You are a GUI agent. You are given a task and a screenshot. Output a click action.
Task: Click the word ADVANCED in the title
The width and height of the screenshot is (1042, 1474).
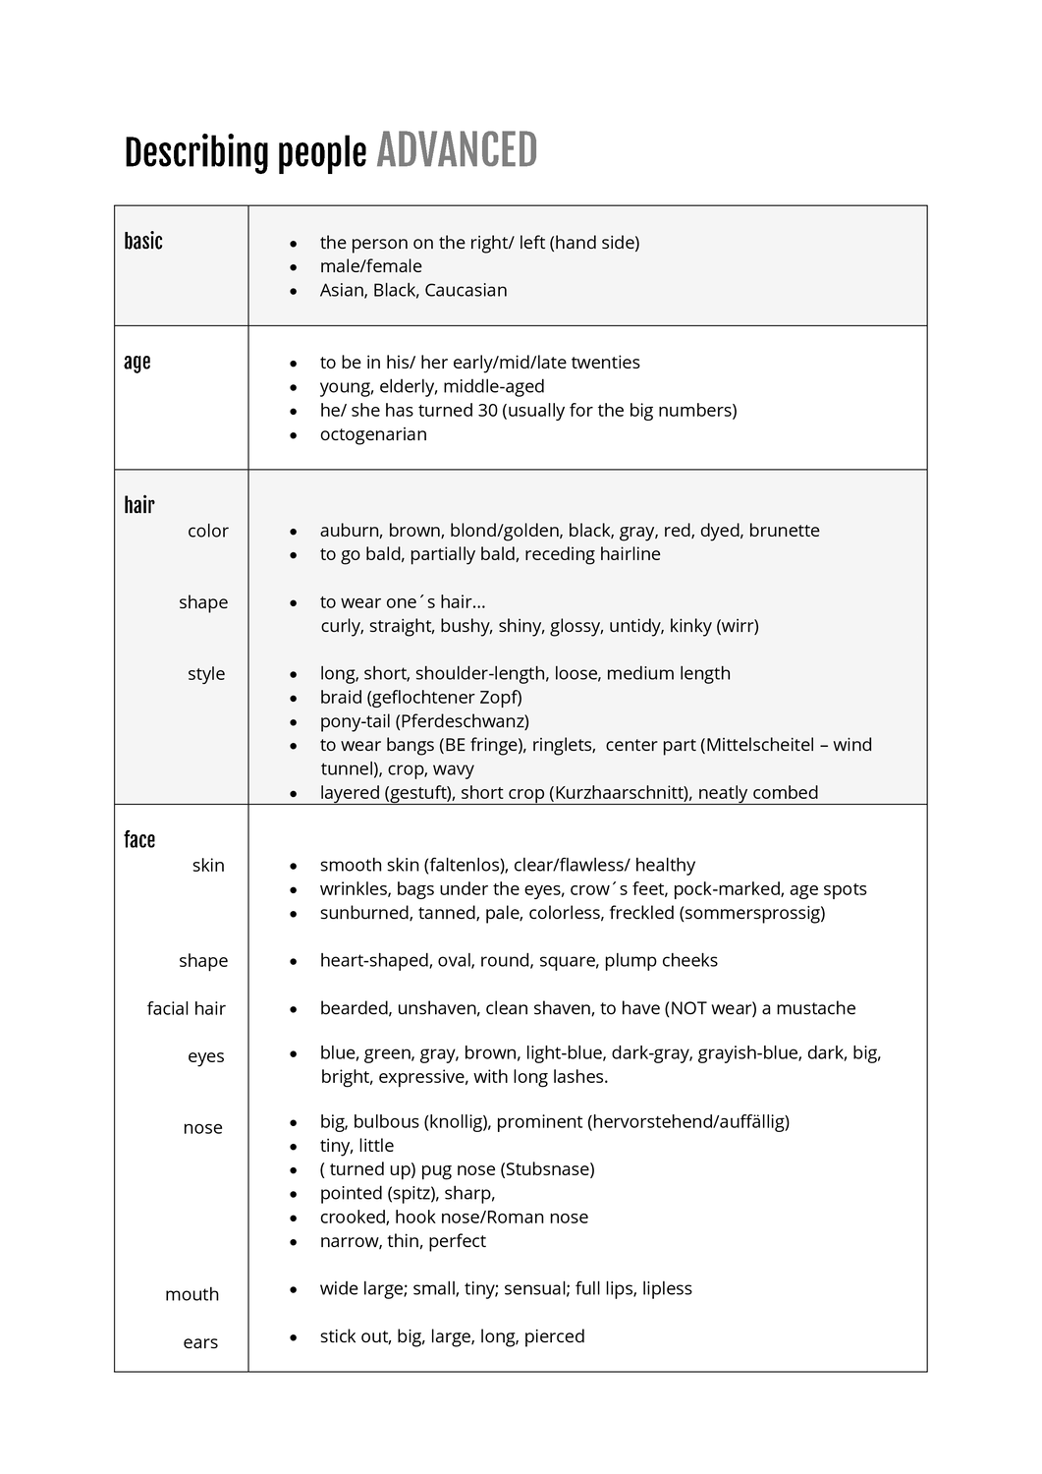[457, 151]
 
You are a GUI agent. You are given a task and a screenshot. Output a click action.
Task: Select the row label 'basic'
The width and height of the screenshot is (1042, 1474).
[143, 242]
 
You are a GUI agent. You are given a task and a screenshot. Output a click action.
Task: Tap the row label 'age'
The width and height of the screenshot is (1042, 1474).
[137, 362]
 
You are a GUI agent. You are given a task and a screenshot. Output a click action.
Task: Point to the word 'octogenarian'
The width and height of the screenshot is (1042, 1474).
[373, 434]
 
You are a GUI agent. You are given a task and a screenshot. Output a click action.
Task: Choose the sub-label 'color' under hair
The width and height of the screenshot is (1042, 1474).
[208, 531]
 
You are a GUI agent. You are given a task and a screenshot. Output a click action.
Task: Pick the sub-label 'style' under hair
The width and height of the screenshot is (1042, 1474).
[206, 674]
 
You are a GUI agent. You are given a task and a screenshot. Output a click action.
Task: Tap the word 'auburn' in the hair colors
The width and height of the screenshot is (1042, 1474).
[347, 531]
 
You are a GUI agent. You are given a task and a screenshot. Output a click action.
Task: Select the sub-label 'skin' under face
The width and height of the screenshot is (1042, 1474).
[208, 866]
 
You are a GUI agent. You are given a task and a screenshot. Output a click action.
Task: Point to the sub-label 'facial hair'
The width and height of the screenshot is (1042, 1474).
[187, 1009]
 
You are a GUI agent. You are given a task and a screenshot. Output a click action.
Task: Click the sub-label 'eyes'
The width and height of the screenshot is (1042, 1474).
[206, 1056]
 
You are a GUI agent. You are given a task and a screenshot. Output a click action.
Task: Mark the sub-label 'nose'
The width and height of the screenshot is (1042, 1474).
[202, 1128]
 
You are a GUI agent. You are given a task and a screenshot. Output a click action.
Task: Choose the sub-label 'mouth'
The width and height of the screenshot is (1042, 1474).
[192, 1295]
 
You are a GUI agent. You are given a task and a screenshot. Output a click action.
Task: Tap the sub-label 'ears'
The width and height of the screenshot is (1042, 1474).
[200, 1342]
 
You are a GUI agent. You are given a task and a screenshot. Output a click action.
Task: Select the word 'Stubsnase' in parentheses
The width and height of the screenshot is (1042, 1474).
[548, 1169]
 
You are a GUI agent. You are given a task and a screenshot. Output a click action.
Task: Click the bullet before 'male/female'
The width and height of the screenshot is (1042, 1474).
[293, 267]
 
